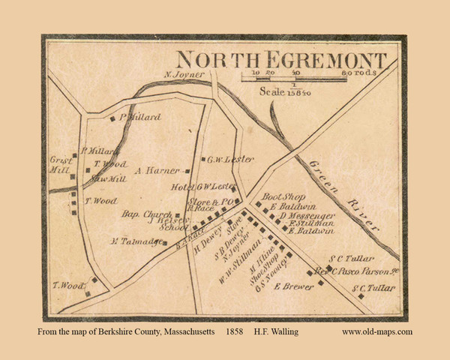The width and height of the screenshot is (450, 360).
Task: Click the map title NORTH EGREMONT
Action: tap(282, 61)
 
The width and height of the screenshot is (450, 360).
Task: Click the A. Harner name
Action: tap(158, 170)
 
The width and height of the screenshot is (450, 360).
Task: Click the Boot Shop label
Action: tap(286, 196)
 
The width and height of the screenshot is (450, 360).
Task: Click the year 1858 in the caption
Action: tap(235, 331)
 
